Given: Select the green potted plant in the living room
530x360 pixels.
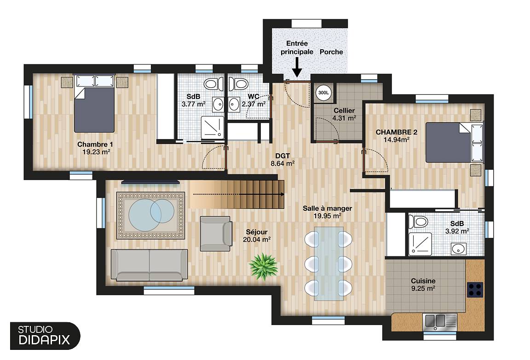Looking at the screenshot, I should click(x=263, y=266).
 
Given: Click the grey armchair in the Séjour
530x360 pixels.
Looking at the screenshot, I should click(x=216, y=233).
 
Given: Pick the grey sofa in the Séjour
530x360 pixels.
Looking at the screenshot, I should click(x=150, y=265).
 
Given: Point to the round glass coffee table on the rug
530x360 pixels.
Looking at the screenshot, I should click(x=150, y=214).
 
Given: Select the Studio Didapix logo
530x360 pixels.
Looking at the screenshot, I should click(x=44, y=336).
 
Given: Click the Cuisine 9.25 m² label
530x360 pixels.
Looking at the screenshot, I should click(x=423, y=285).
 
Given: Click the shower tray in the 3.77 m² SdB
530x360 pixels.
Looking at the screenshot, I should click(x=213, y=127).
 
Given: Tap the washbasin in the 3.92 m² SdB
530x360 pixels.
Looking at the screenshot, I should click(x=458, y=249).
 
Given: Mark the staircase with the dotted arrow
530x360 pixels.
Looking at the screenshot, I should click(x=237, y=194).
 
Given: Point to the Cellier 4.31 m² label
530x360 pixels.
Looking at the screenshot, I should click(x=344, y=114).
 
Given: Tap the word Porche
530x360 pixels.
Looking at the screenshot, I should click(x=331, y=52).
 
